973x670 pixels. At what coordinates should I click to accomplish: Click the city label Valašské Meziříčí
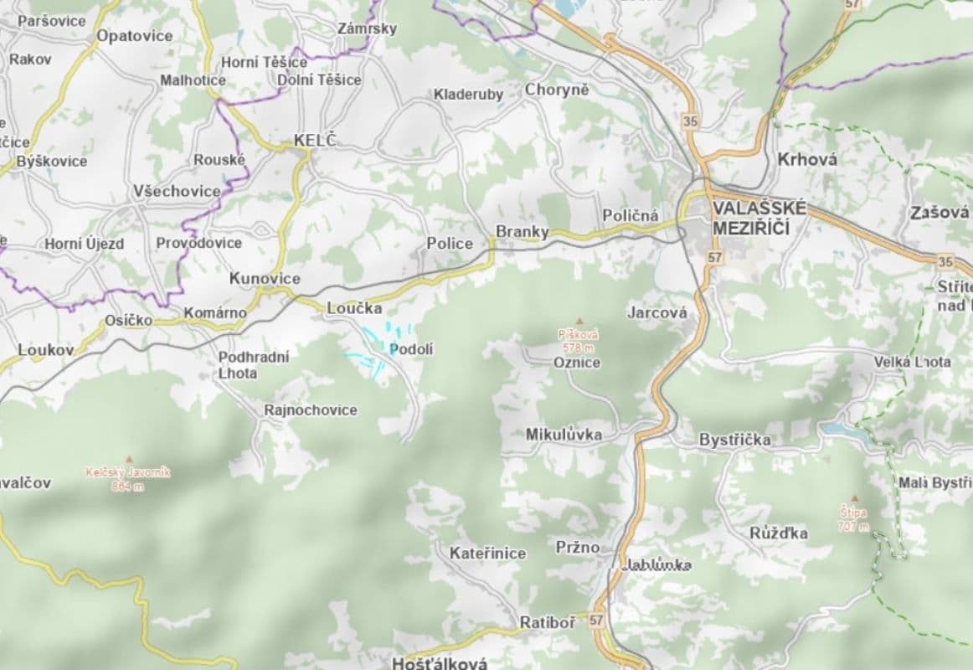click(759, 218)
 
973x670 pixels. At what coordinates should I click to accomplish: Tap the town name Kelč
click(314, 141)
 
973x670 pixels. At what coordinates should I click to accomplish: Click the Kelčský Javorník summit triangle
click(128, 459)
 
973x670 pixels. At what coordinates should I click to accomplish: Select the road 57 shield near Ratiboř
click(595, 621)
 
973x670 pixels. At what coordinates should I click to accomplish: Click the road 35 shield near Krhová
click(690, 121)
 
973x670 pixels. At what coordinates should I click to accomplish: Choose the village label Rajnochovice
click(310, 410)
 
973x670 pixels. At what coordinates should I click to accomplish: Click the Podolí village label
click(411, 348)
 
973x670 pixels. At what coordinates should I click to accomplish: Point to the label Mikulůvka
click(563, 435)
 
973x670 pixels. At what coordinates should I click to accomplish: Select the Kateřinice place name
click(487, 553)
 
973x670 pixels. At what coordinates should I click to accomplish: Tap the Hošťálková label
click(440, 662)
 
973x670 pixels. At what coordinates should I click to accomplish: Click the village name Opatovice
click(134, 36)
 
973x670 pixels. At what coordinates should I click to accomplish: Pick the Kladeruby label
click(468, 95)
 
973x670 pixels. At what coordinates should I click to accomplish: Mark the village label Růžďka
click(779, 533)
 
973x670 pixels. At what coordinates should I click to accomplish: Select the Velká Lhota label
click(912, 362)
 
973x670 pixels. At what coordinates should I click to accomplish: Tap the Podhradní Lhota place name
click(254, 365)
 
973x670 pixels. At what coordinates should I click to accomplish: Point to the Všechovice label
click(177, 191)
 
